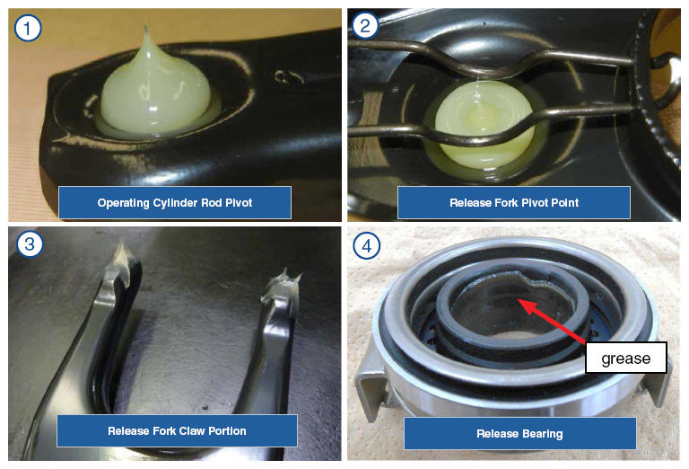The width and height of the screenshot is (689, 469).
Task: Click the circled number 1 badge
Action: pos(27,28)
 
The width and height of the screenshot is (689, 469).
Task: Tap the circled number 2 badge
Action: pos(365,25)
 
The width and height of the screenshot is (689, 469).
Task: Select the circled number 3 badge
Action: pos(30,243)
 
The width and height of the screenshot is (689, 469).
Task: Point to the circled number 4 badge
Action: pos(366,245)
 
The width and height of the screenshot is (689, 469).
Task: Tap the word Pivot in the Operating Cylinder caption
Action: pos(239,203)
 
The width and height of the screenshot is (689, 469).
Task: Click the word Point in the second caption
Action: pos(564,203)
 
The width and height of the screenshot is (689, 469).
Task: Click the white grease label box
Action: pos(625,358)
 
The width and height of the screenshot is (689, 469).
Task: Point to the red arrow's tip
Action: pos(518,299)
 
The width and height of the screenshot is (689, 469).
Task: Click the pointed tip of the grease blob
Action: pos(147,27)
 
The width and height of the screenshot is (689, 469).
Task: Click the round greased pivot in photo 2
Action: pos(484,125)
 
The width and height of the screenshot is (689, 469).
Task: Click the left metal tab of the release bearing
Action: pos(370,388)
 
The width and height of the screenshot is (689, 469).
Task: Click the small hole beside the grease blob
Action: pos(289,77)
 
